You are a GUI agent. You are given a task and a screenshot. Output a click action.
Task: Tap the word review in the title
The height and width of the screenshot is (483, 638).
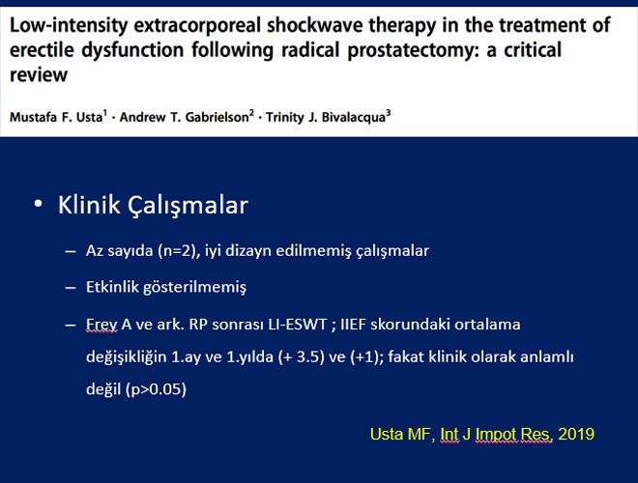coord(39,74)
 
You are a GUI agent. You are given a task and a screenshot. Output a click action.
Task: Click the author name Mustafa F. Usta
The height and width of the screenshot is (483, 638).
coord(56,117)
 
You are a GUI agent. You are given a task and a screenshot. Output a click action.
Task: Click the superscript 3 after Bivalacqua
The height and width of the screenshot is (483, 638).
coord(389,113)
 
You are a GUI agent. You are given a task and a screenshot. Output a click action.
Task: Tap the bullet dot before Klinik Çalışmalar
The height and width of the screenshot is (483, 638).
coord(39,204)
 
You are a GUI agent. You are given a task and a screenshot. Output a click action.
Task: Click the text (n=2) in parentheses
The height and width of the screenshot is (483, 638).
coord(179,250)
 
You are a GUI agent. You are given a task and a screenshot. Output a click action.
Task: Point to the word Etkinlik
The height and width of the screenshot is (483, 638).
coord(109,287)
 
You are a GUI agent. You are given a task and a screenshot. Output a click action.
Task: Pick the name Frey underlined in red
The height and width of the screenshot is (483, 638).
coord(101,325)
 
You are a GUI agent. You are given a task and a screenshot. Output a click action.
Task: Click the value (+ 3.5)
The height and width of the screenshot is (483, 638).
coord(302,357)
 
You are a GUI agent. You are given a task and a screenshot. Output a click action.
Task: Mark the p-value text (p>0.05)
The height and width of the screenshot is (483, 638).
coord(157,389)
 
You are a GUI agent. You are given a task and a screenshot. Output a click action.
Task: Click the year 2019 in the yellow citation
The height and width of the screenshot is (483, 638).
coord(576,434)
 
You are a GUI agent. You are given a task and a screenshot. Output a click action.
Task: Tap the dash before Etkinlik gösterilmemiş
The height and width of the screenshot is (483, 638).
coord(71,288)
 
